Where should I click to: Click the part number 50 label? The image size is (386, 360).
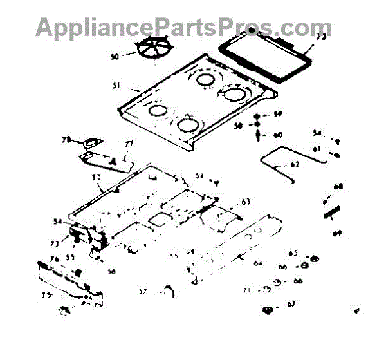coord(115,57)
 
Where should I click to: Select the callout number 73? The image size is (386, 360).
coord(321,37)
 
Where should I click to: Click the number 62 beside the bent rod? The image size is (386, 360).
coord(295,164)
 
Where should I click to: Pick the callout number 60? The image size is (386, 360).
coord(278,135)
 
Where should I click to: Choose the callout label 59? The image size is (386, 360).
coord(278,114)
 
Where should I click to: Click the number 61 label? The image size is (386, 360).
coord(316,149)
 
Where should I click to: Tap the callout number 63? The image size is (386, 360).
coord(245,201)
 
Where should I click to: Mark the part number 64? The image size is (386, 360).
coord(257,263)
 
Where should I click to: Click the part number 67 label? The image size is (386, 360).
coord(291,304)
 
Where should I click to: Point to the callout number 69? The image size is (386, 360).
coord(335,233)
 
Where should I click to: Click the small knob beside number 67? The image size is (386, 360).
coord(267,310)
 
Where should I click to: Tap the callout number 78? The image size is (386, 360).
coord(66,140)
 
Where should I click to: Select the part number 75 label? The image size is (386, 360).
coord(46,295)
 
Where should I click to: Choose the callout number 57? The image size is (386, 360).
coord(142,292)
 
